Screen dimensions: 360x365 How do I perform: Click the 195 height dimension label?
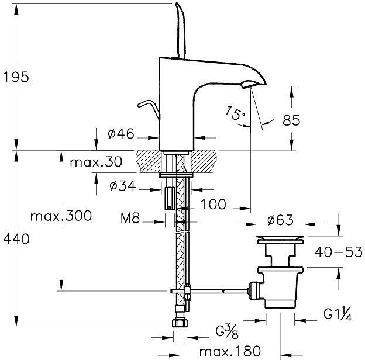coord(15,77)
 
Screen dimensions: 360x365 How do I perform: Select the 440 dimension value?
coord(15,238)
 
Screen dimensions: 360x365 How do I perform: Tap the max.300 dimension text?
coord(61,217)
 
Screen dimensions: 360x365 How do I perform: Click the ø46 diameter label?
coord(121,134)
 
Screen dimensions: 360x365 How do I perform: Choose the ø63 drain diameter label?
coord(280,221)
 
